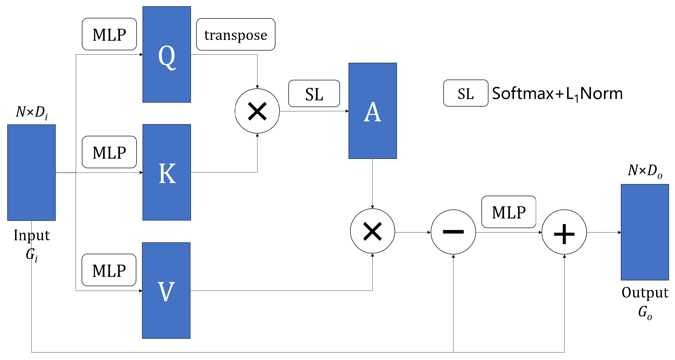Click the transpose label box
pos(236,34)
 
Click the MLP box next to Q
pos(109,34)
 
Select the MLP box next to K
pos(109,152)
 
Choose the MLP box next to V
pos(109,270)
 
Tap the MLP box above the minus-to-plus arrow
pos(509,212)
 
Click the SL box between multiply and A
pos(314,94)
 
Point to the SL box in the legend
pos(465,93)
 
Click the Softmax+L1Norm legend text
pos(557,93)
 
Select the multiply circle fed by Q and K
pos(257,111)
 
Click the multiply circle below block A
pos(372,231)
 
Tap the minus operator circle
pos(453,232)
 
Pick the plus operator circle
pos(564,232)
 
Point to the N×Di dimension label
pos(32,112)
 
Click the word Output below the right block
pos(645,292)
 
